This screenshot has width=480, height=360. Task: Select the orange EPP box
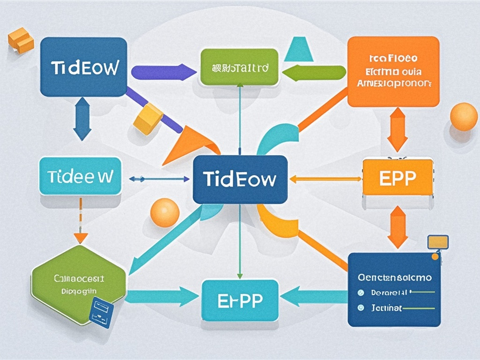[397, 178]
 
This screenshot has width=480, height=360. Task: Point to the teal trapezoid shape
[299, 49]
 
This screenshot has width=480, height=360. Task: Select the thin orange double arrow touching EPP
[326, 179]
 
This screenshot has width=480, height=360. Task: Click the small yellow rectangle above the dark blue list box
[438, 242]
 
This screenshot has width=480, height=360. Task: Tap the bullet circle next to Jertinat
[360, 308]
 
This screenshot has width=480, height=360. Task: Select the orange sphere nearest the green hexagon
[165, 213]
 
